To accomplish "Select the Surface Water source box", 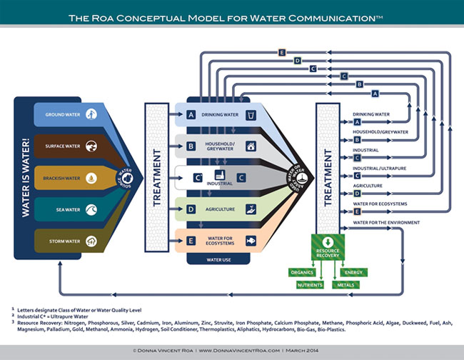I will click(68, 146).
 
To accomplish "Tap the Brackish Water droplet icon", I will click(91, 179).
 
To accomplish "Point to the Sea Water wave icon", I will click(91, 211).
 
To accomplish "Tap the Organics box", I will click(301, 272).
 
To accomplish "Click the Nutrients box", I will click(310, 285).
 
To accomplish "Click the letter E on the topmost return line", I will click(283, 52).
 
